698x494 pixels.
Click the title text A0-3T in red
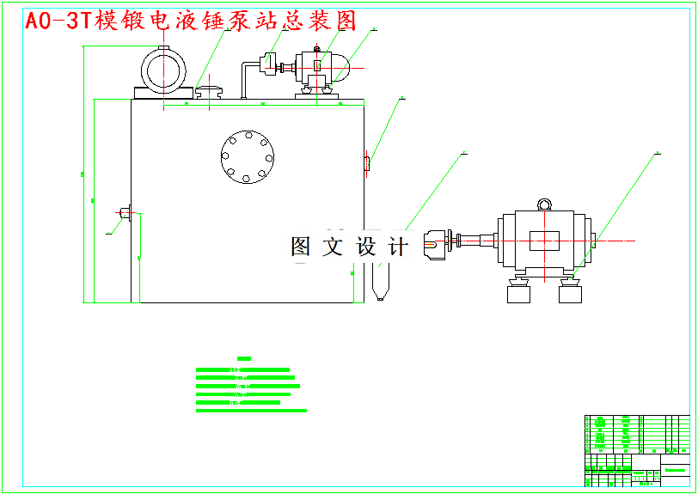tap(57, 21)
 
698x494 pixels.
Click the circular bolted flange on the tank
tap(248, 157)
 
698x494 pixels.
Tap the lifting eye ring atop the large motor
tap(543, 204)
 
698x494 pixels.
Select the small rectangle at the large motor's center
tap(543, 241)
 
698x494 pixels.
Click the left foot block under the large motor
tap(519, 294)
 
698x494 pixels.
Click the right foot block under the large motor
tap(571, 294)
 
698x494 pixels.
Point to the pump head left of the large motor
tap(437, 242)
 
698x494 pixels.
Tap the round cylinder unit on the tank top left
tap(164, 70)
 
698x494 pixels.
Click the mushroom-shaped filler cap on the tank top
tap(208, 89)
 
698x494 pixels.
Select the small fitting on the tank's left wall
tap(125, 212)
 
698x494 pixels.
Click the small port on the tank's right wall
tap(367, 162)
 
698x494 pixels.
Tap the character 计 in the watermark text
tap(398, 247)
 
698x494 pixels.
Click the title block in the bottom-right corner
tap(637, 449)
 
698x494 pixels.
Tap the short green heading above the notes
tap(243, 358)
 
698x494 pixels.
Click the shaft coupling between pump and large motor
tap(475, 241)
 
